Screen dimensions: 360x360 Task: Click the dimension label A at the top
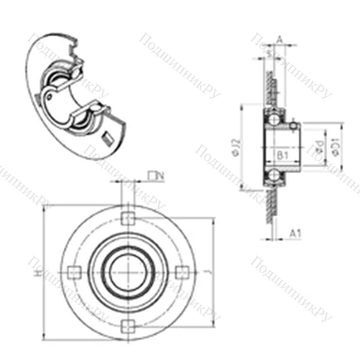pyautogui.click(x=279, y=41)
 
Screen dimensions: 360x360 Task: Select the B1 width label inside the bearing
pyautogui.click(x=282, y=154)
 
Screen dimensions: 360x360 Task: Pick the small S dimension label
pyautogui.click(x=268, y=52)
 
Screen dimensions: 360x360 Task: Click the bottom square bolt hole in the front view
pyautogui.click(x=127, y=322)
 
